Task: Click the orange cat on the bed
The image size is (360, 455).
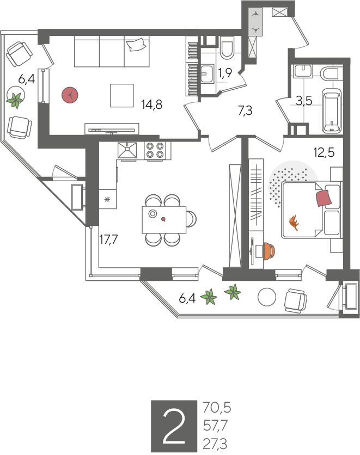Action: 294,223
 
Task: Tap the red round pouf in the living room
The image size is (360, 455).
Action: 70,95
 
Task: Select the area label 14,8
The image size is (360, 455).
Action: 151,104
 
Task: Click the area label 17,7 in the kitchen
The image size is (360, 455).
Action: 108,239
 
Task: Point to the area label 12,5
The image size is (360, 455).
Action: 324,152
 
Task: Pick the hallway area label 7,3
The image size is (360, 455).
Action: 245,110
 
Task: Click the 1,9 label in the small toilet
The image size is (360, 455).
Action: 225,73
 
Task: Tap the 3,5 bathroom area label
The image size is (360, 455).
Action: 304,101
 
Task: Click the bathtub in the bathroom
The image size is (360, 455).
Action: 332,111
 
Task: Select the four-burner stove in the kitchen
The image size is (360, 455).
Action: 155,150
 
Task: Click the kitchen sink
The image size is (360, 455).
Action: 127,150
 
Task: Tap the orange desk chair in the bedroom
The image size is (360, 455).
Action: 269,251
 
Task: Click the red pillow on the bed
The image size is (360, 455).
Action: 324,198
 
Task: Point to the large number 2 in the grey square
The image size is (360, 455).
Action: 174,426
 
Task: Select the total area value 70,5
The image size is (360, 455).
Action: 217,408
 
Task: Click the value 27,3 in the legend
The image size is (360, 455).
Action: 215,444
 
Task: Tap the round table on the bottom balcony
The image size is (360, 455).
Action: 267,297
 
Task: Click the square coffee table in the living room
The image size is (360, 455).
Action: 122,95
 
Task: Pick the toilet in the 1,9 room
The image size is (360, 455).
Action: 227,47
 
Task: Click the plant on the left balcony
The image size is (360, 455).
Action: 15,100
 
